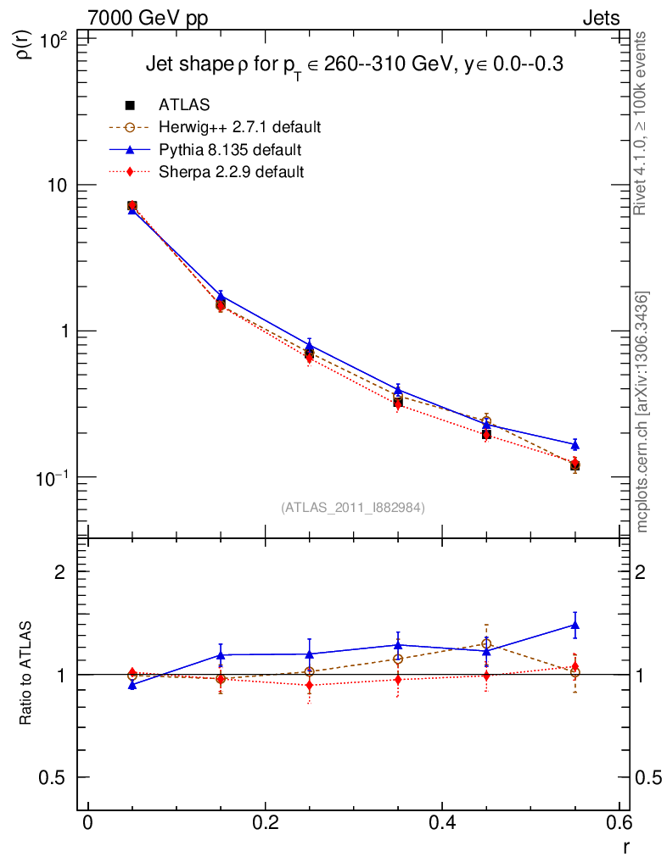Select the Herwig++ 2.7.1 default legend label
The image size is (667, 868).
pos(239,128)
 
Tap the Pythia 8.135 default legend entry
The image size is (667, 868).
pos(230,150)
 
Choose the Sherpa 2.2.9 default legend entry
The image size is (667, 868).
pos(232,172)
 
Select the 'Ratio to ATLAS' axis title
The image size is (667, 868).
pos(25,675)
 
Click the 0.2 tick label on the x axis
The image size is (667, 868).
pos(265,825)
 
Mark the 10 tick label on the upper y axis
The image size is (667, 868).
pos(59,185)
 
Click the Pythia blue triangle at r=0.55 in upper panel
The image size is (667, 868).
pos(575,444)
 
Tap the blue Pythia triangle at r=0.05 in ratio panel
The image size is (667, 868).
pos(132,684)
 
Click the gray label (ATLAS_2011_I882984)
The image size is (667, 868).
pos(353,507)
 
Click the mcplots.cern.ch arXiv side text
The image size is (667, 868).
pos(643,412)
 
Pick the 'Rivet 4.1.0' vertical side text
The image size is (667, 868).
pos(643,123)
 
